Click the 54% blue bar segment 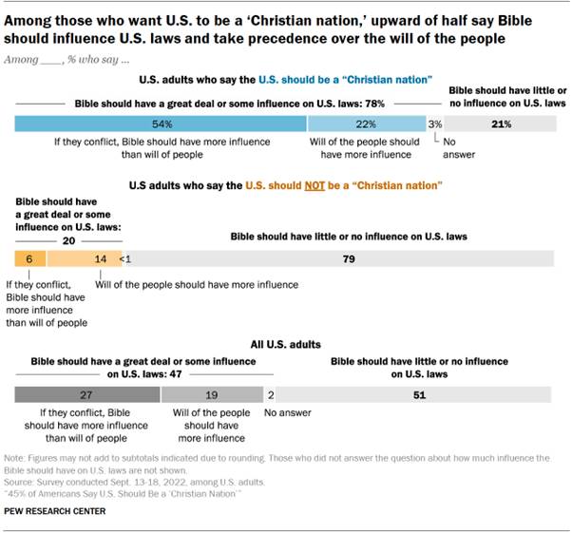pyautogui.click(x=161, y=124)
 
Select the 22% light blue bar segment pyautogui.click(x=366, y=124)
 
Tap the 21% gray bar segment pyautogui.click(x=501, y=124)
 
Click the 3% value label pyautogui.click(x=434, y=124)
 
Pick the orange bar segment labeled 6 pyautogui.click(x=30, y=258)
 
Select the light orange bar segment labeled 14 pyautogui.click(x=74, y=258)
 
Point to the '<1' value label pyautogui.click(x=124, y=259)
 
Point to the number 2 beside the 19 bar pyautogui.click(x=271, y=395)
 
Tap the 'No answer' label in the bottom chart pyautogui.click(x=286, y=413)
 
